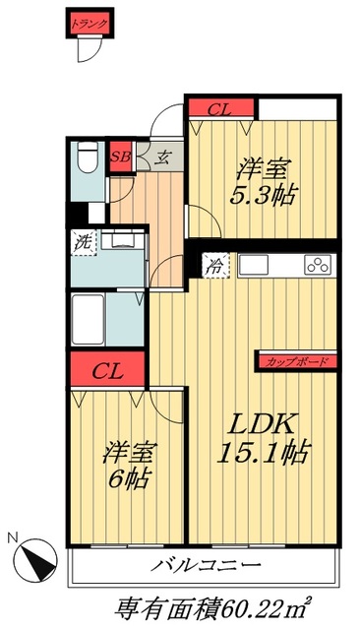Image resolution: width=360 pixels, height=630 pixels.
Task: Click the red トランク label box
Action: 89,21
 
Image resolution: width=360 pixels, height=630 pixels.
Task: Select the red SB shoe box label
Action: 120,156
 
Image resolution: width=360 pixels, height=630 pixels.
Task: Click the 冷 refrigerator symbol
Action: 214,263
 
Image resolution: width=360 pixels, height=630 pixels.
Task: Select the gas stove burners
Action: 318,264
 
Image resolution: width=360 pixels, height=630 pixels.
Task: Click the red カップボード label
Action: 296,361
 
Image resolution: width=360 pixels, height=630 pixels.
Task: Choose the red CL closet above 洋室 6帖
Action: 107,372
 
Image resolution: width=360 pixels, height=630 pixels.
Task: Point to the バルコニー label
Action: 206,566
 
